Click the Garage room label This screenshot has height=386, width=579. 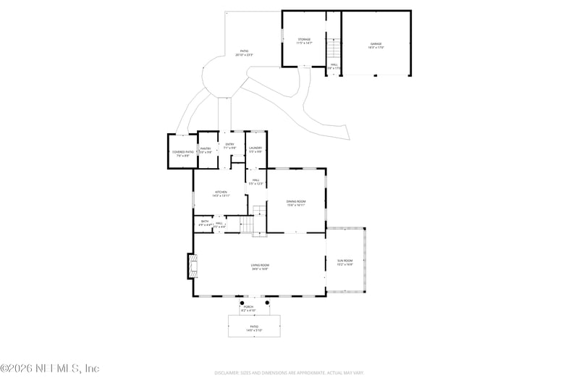(376, 45)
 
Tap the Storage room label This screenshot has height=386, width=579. (304, 41)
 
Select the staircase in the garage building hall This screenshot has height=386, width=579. (334, 49)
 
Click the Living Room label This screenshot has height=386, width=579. (260, 267)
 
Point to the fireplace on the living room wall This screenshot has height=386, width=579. (191, 266)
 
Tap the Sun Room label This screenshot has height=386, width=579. (345, 261)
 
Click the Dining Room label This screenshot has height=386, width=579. (296, 203)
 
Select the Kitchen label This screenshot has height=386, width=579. (220, 193)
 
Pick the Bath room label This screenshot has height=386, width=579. (205, 222)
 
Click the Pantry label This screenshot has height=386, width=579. (206, 150)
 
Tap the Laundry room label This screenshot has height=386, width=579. (255, 150)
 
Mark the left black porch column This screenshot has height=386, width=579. (232, 303)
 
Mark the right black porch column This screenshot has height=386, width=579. (267, 303)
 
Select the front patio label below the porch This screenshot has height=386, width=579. (254, 327)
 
